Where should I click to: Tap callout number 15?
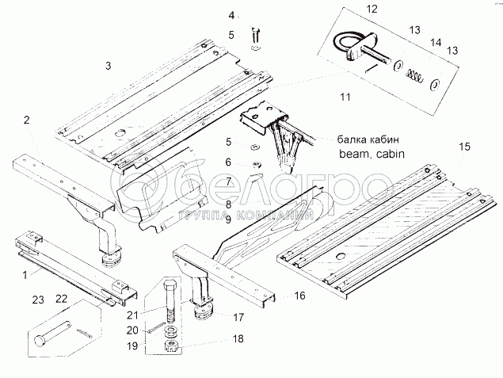(x=464, y=147)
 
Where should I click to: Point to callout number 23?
(x=37, y=300)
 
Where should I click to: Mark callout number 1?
(x=24, y=274)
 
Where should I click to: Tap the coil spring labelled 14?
(x=414, y=75)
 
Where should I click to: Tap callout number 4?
(x=231, y=15)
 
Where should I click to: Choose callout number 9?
(x=227, y=219)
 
